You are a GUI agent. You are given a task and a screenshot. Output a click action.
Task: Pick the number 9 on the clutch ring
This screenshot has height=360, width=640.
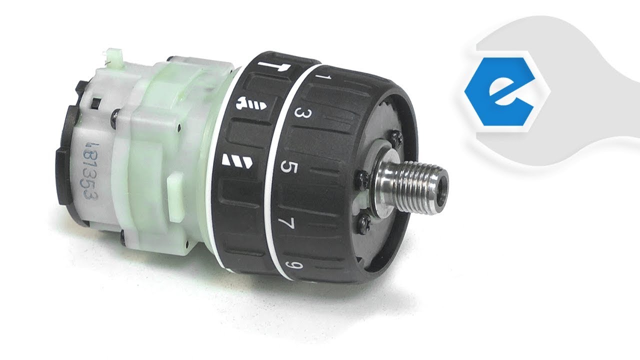[x=289, y=264]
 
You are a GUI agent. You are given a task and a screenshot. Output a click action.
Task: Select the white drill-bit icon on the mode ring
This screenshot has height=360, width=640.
[x=235, y=161]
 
